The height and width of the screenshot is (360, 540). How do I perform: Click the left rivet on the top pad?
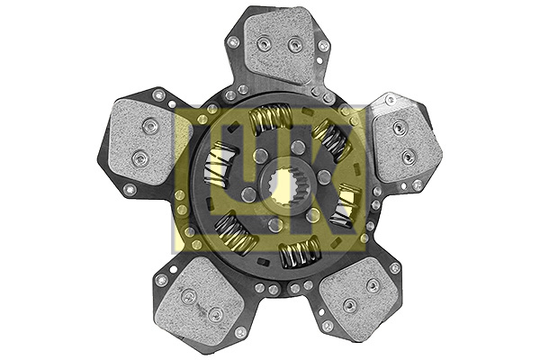(x=262, y=45)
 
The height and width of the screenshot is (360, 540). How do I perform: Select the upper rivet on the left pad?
(x=145, y=126)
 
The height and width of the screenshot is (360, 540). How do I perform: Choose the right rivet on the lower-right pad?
(x=371, y=286)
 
